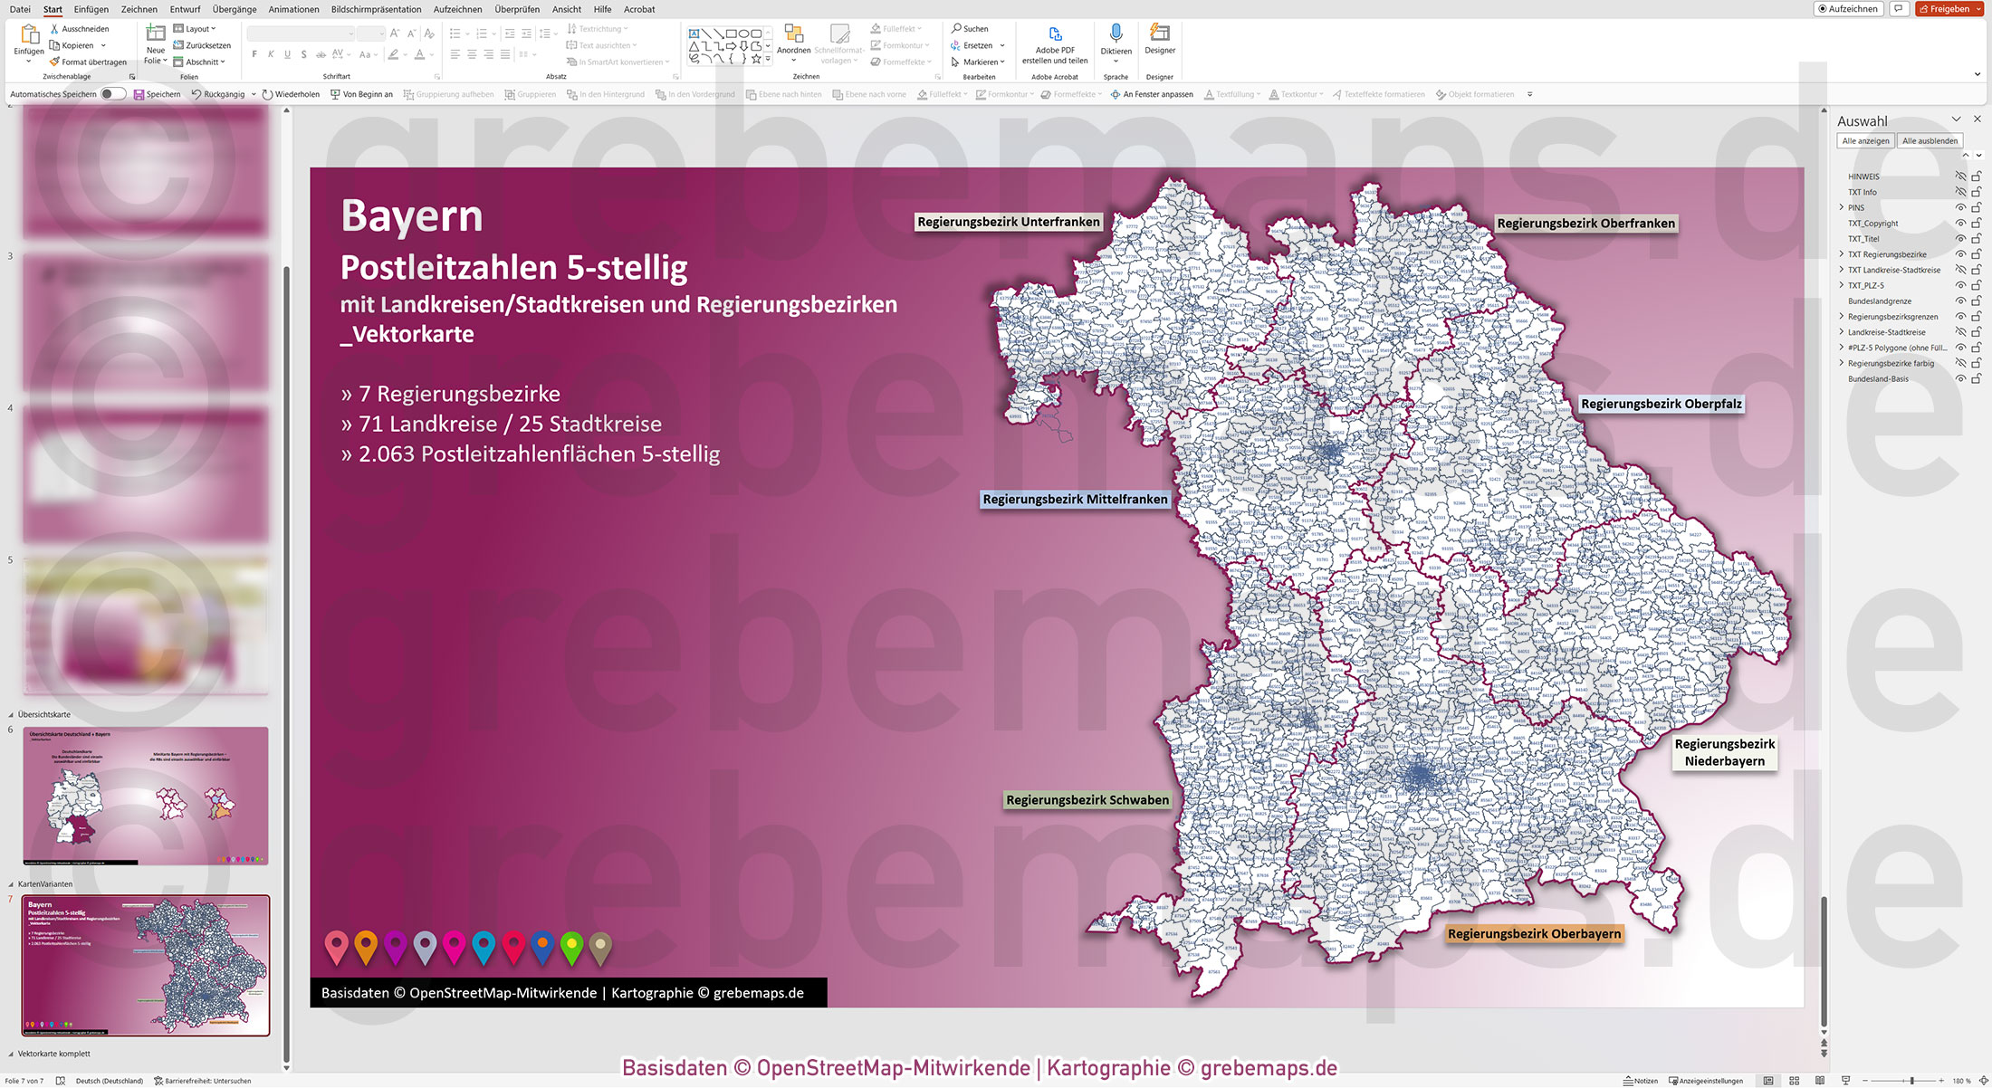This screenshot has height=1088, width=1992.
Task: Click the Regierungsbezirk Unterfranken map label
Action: [x=1008, y=222]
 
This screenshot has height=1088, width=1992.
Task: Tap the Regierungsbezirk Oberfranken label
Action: [x=1585, y=224]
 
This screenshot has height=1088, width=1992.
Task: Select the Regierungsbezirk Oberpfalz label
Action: [x=1661, y=404]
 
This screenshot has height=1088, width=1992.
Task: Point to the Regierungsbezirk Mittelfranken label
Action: [x=1075, y=499]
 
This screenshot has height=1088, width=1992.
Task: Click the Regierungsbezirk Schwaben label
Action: [x=1087, y=800]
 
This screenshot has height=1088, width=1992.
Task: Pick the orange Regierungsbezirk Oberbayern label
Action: [x=1534, y=933]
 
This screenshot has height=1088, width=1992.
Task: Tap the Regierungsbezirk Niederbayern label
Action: [x=1724, y=752]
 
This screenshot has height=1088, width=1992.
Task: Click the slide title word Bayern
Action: [x=412, y=215]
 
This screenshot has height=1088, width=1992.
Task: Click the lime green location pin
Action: [x=571, y=946]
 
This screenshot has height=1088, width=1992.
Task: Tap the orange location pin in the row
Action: [x=366, y=946]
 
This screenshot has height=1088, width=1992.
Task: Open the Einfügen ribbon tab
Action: [x=91, y=9]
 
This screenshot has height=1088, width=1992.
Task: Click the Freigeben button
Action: [x=1949, y=9]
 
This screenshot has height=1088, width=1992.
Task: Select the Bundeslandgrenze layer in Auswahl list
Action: [x=1880, y=301]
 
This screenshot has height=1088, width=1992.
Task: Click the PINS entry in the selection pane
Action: [x=1856, y=207]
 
